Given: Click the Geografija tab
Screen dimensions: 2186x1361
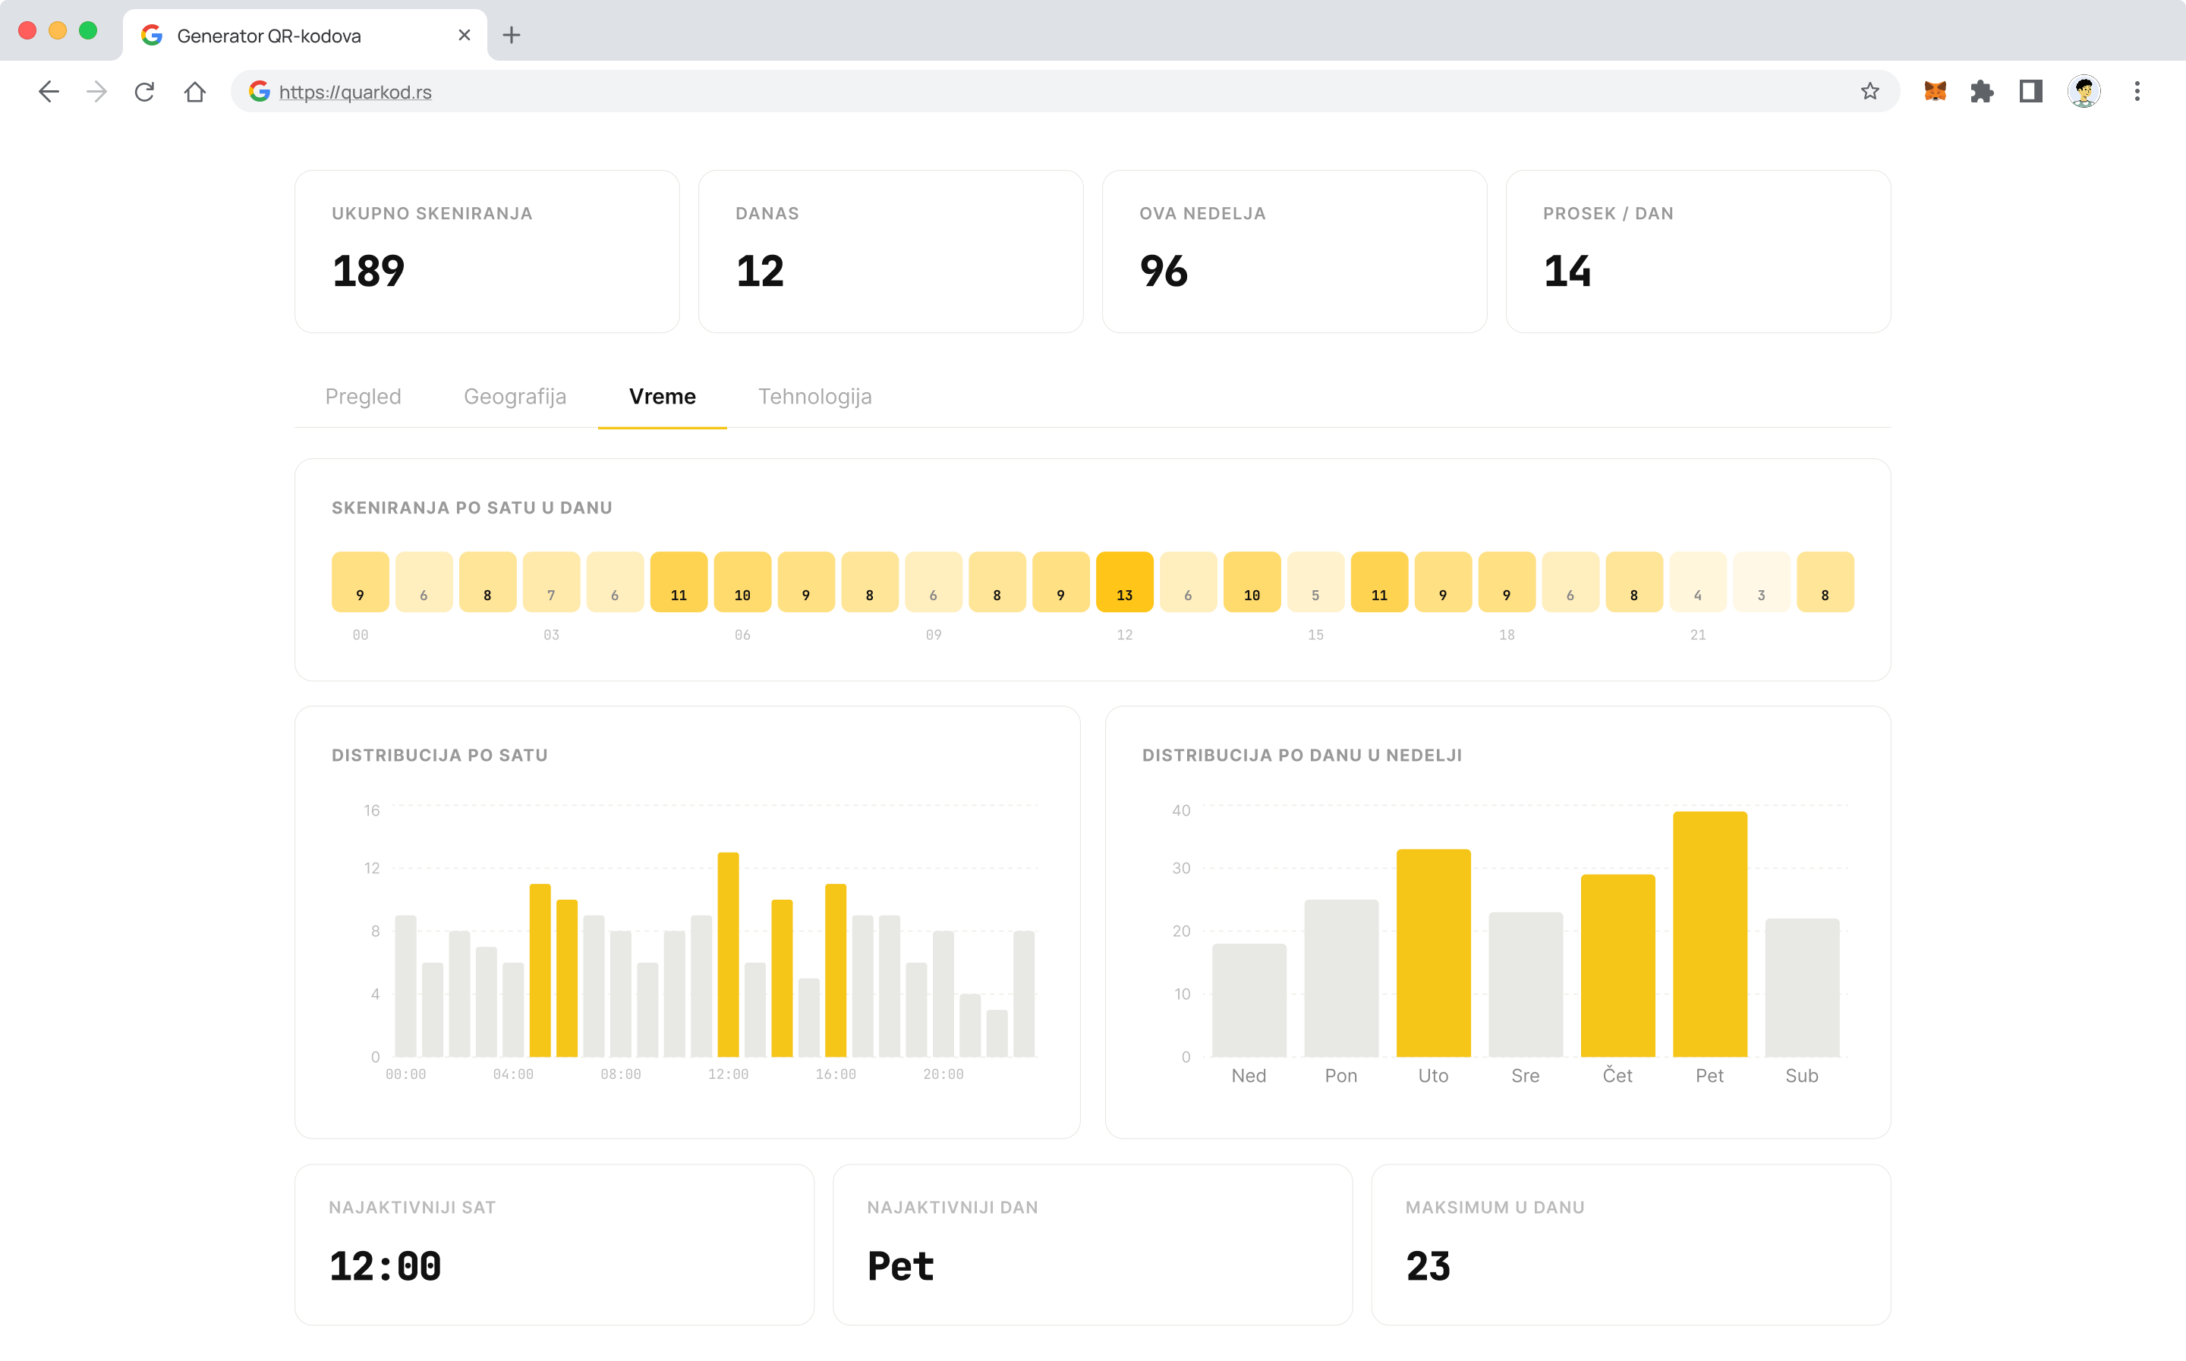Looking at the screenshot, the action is click(x=515, y=396).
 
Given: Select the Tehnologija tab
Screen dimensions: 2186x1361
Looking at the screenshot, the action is click(x=814, y=396).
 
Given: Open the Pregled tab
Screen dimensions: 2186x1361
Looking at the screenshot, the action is click(x=363, y=396).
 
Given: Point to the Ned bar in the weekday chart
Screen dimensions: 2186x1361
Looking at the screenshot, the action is click(x=1249, y=1000).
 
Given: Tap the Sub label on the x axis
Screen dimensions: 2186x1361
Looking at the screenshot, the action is click(x=1802, y=1076).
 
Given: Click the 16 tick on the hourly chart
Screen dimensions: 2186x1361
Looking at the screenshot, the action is click(x=372, y=810).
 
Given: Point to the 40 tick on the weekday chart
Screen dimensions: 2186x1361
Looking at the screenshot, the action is click(x=1181, y=810).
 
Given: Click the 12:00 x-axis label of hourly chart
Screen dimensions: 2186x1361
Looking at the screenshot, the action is click(x=729, y=1074).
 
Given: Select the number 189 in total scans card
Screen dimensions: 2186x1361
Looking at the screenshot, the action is click(x=368, y=271).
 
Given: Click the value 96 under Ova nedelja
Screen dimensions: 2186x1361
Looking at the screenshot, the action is click(x=1164, y=271).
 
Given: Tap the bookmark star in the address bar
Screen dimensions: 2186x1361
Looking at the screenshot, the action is click(x=1869, y=91).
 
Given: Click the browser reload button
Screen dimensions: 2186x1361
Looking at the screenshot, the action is click(x=144, y=91).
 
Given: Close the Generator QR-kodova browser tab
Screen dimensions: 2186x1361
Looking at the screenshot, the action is click(x=465, y=35).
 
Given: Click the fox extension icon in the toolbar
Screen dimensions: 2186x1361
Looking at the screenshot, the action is click(x=1935, y=91).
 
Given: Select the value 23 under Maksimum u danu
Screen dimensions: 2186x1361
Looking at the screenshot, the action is click(x=1428, y=1266).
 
